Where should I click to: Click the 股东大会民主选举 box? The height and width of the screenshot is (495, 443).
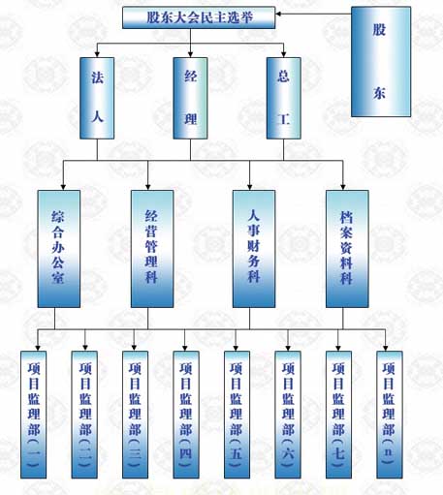point(199,17)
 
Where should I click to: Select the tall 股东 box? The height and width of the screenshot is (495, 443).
point(381,62)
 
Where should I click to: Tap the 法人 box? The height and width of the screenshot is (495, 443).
point(97,98)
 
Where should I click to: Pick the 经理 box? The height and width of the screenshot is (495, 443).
point(190,98)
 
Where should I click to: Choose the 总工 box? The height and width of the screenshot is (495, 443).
point(284,98)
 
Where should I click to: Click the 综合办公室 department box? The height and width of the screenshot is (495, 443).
point(59,249)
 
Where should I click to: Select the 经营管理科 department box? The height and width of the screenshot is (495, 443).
point(152,249)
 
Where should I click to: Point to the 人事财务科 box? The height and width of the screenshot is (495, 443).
point(254,249)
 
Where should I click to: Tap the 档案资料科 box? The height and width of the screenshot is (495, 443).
point(347,249)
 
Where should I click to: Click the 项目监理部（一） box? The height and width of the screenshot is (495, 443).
point(34,415)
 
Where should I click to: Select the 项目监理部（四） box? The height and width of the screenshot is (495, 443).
point(186,415)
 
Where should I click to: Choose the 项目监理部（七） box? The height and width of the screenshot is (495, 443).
point(338,415)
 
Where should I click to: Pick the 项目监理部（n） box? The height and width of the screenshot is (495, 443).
point(390,415)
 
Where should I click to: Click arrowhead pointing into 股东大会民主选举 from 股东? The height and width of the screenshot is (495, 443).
point(278,14)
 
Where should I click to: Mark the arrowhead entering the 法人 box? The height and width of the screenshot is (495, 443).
point(97,54)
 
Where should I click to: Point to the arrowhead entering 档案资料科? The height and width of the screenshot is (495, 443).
point(343,187)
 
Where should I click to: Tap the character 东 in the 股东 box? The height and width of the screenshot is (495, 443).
point(380,93)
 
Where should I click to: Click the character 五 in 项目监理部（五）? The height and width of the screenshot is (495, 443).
point(237,453)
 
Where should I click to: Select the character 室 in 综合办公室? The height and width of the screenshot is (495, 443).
point(58,277)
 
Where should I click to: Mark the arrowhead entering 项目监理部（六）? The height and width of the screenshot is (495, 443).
point(288,348)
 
